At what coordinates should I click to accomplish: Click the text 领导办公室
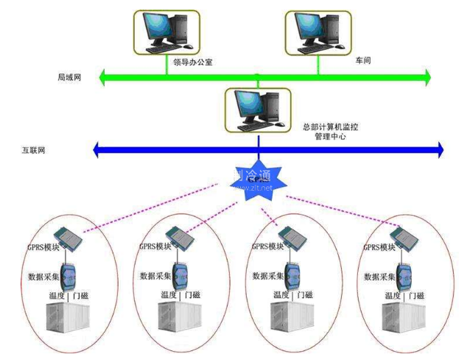[193, 64]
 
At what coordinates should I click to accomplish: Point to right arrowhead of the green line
[426, 76]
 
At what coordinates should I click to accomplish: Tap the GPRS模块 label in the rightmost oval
[381, 248]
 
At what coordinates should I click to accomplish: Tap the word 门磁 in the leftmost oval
[87, 295]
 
